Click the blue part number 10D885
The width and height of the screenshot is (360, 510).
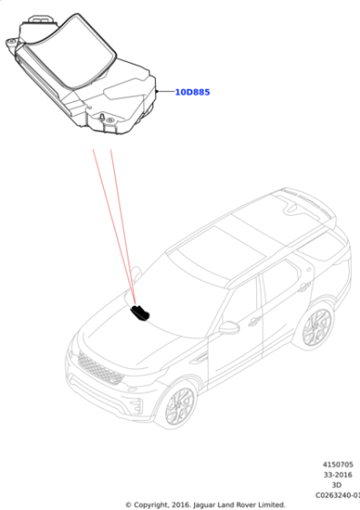(192, 92)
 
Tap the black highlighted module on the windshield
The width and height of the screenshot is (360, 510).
(140, 313)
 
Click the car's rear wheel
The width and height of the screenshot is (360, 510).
(316, 328)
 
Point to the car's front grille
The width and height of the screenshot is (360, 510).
(100, 369)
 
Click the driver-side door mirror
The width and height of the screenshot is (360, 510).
(229, 328)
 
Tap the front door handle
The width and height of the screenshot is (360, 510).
(254, 321)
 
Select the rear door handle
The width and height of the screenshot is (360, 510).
(304, 287)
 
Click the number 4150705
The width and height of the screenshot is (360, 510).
(338, 464)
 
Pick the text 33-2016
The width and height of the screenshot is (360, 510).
(338, 474)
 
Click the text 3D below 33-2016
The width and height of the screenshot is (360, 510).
(336, 484)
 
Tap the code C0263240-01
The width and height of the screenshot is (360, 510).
(338, 495)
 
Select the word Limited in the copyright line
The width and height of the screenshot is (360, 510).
(272, 505)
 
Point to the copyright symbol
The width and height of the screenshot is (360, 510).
(129, 505)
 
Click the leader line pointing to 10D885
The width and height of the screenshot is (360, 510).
(165, 91)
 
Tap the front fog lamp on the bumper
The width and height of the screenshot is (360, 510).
(138, 405)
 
